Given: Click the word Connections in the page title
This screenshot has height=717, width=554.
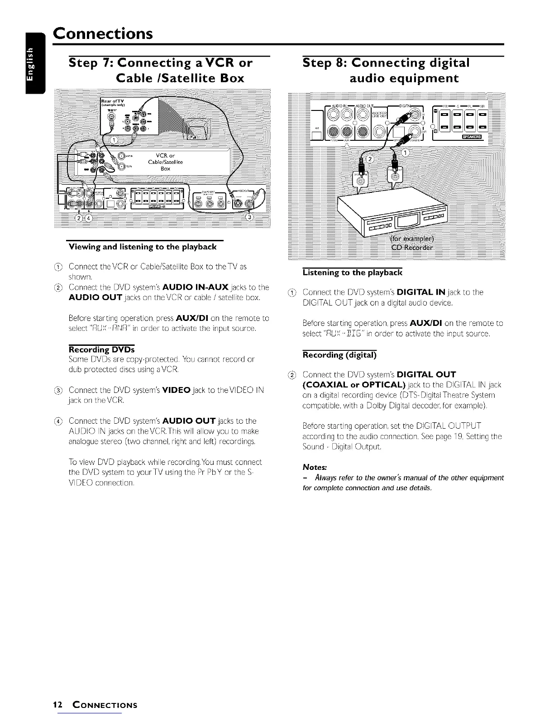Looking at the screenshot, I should click(102, 33).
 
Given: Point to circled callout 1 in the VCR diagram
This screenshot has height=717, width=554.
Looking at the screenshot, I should click(115, 140).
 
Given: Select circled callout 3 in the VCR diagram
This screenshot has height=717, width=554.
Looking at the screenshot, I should click(248, 218).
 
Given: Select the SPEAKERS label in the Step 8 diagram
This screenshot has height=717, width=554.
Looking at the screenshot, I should click(471, 138).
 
